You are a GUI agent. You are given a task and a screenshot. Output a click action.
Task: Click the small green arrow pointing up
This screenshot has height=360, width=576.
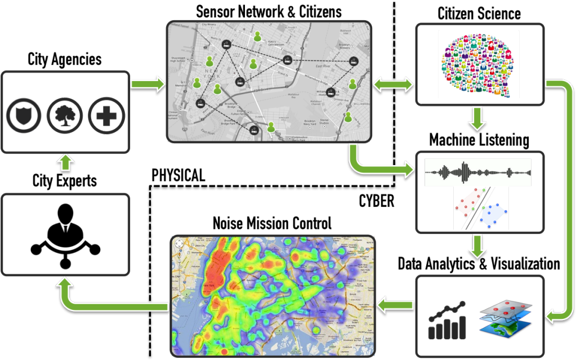tap(65, 163)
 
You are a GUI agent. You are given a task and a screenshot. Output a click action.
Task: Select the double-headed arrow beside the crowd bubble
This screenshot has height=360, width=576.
tap(392, 85)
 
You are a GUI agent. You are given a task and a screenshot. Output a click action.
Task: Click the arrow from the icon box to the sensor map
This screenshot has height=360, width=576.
tap(148, 85)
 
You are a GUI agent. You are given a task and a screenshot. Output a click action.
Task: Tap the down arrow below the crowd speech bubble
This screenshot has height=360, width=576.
tap(477, 120)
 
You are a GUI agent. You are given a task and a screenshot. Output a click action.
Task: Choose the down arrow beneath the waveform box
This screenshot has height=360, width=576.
tap(477, 246)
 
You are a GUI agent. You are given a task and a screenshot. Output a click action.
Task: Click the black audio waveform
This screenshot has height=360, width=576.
tap(477, 172)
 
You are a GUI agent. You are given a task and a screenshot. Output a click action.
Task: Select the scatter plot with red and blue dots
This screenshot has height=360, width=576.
tap(479, 207)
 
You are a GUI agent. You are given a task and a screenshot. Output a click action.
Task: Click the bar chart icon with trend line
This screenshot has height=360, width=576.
tap(448, 321)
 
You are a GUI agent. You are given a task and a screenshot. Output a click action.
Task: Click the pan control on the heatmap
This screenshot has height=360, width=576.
tap(181, 245)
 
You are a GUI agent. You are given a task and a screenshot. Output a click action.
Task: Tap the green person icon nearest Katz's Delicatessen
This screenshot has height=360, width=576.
tap(258, 37)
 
